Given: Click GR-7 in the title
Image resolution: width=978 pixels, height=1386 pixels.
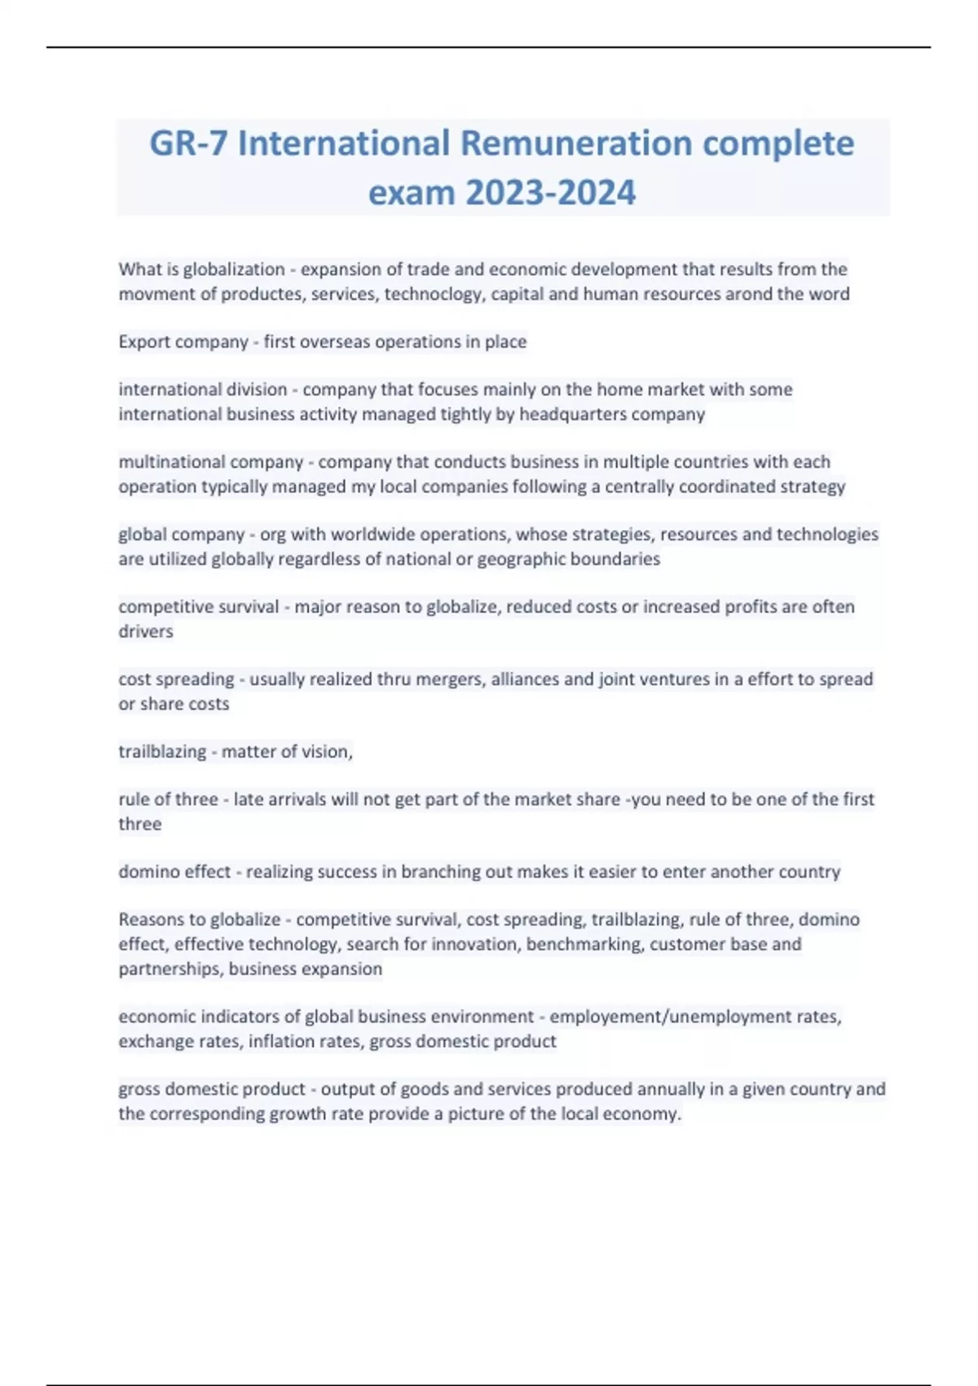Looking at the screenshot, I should [x=188, y=143].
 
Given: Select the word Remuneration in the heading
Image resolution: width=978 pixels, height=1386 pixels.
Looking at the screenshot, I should [x=576, y=143].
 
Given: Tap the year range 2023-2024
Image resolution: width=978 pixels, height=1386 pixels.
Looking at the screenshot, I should [x=550, y=193].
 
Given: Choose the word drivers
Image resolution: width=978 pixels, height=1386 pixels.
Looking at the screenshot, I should [x=146, y=632].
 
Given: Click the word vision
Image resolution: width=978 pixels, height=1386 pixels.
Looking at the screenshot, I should [x=325, y=752].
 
